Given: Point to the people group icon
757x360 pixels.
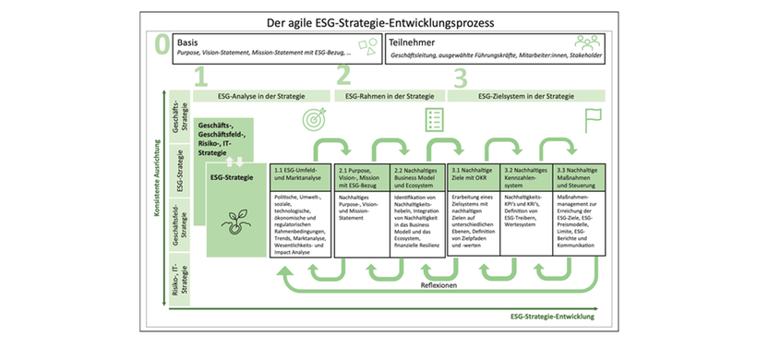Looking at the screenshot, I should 588,43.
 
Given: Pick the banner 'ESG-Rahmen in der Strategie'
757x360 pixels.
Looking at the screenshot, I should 389,95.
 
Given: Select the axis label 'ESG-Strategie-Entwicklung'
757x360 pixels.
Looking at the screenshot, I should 551,318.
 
